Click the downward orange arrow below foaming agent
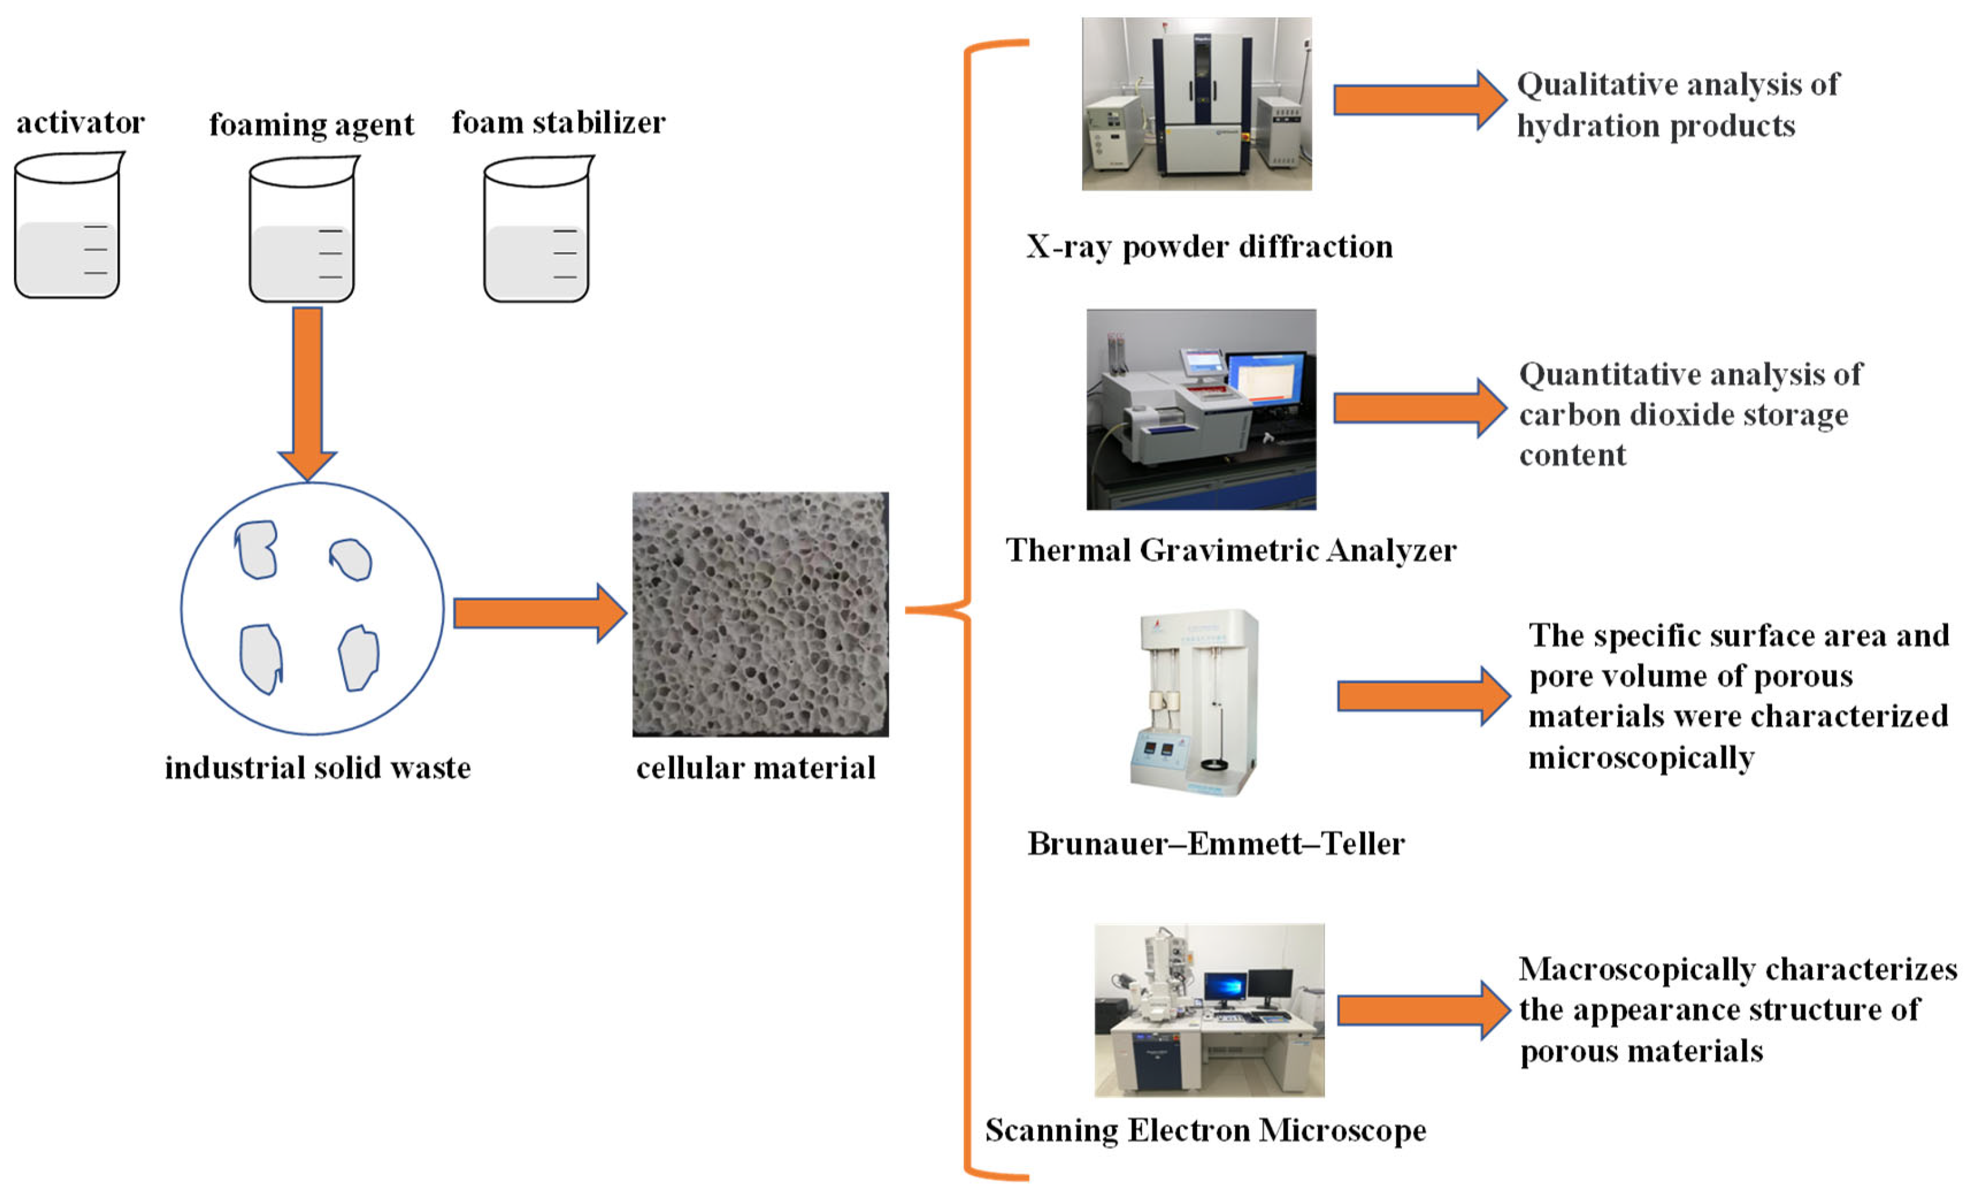pyautogui.click(x=307, y=391)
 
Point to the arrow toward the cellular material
pyautogui.click(x=539, y=613)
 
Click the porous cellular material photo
pyautogui.click(x=760, y=614)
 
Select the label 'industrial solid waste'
pyautogui.click(x=318, y=768)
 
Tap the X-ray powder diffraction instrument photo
pyautogui.click(x=1196, y=104)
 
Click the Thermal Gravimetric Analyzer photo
pyautogui.click(x=1201, y=409)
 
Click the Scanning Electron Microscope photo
pyautogui.click(x=1209, y=1010)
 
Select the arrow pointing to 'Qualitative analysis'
pyautogui.click(x=1418, y=100)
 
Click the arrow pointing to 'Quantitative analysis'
pyautogui.click(x=1418, y=408)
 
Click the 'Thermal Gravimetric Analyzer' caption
pyautogui.click(x=1230, y=551)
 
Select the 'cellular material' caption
pyautogui.click(x=755, y=768)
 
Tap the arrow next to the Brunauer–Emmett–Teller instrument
pyautogui.click(x=1423, y=696)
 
